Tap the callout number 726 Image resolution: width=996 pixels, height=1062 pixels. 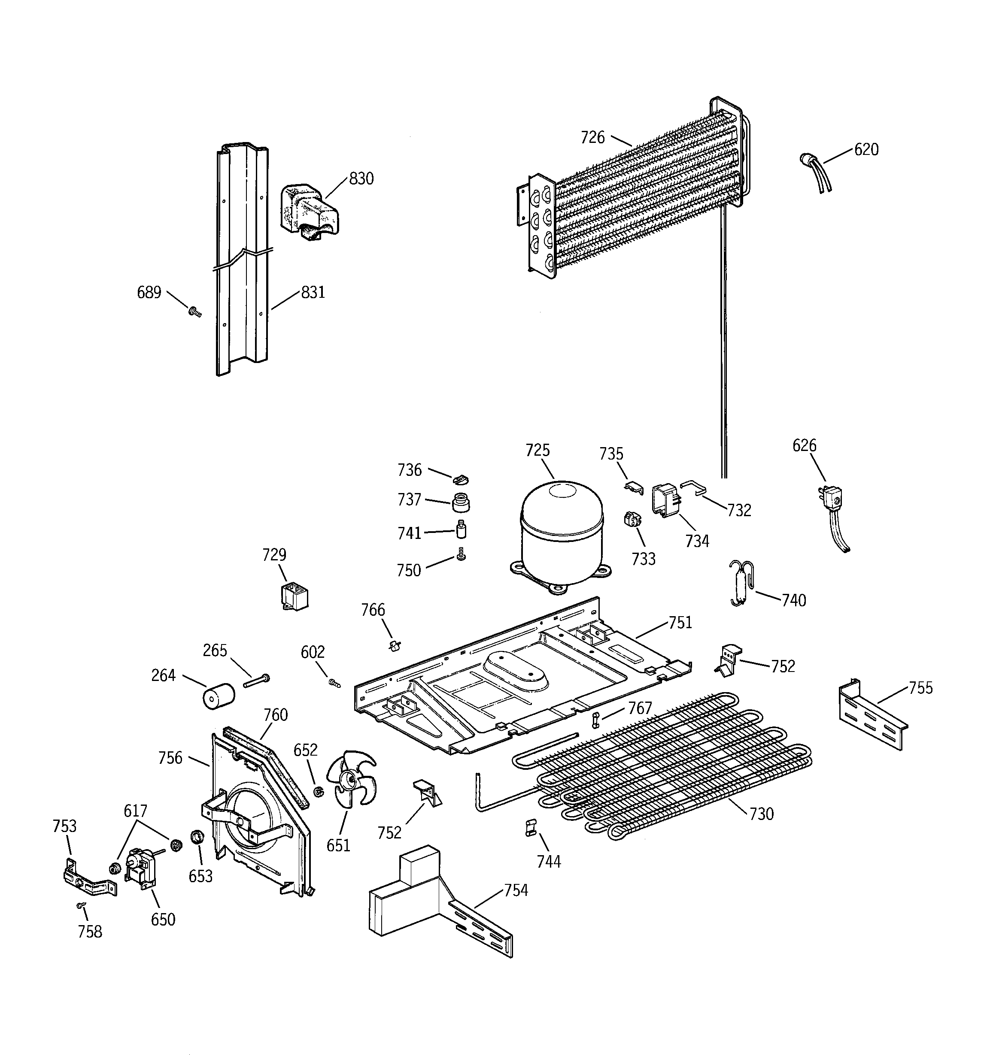(592, 138)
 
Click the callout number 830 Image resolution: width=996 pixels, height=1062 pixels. (361, 179)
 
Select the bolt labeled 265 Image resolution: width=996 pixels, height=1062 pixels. (257, 681)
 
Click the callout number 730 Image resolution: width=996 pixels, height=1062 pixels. (761, 814)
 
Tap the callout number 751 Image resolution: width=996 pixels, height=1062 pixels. (680, 623)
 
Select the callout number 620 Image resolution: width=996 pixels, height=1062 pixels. (866, 150)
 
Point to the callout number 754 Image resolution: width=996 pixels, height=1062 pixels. (515, 890)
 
